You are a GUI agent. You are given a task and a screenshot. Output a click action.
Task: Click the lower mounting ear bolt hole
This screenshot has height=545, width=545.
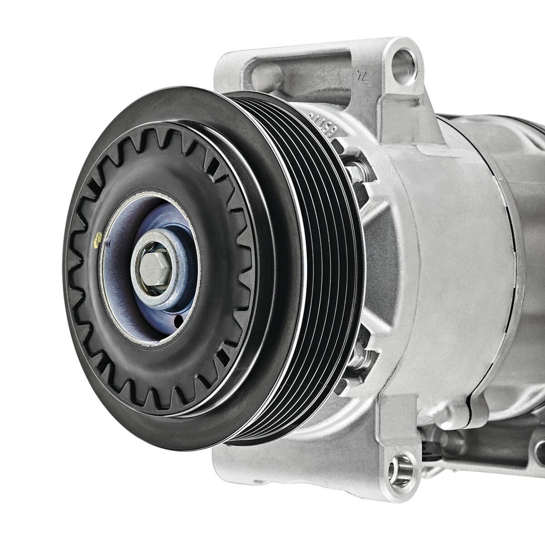(x=401, y=470)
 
